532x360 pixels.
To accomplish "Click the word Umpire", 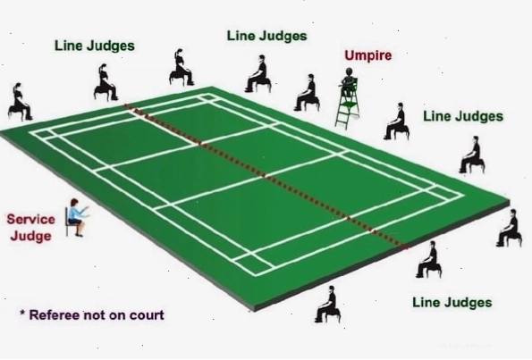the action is click(368, 55).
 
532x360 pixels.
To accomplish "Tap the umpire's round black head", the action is click(349, 71).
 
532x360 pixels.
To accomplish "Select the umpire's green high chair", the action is click(348, 104).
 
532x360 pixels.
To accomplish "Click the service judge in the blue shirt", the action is click(77, 218).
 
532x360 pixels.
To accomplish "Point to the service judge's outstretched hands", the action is click(86, 210).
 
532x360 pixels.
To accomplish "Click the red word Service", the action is click(31, 220).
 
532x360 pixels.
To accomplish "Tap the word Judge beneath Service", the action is click(30, 236).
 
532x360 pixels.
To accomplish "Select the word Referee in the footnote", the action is click(55, 315).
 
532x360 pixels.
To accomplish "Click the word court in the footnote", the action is click(148, 315).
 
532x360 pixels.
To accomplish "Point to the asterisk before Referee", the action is click(22, 313).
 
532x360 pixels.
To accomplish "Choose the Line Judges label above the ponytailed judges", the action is click(95, 46).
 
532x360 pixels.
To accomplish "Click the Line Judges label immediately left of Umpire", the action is click(267, 36).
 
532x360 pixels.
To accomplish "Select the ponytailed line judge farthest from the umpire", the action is click(20, 102).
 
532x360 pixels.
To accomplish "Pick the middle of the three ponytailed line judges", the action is click(106, 82).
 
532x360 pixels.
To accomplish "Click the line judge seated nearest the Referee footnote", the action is click(328, 304).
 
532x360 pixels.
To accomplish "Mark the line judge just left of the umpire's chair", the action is click(307, 93).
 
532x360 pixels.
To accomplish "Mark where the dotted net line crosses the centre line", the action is click(264, 176).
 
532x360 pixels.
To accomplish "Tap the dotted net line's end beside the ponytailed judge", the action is click(125, 105).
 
